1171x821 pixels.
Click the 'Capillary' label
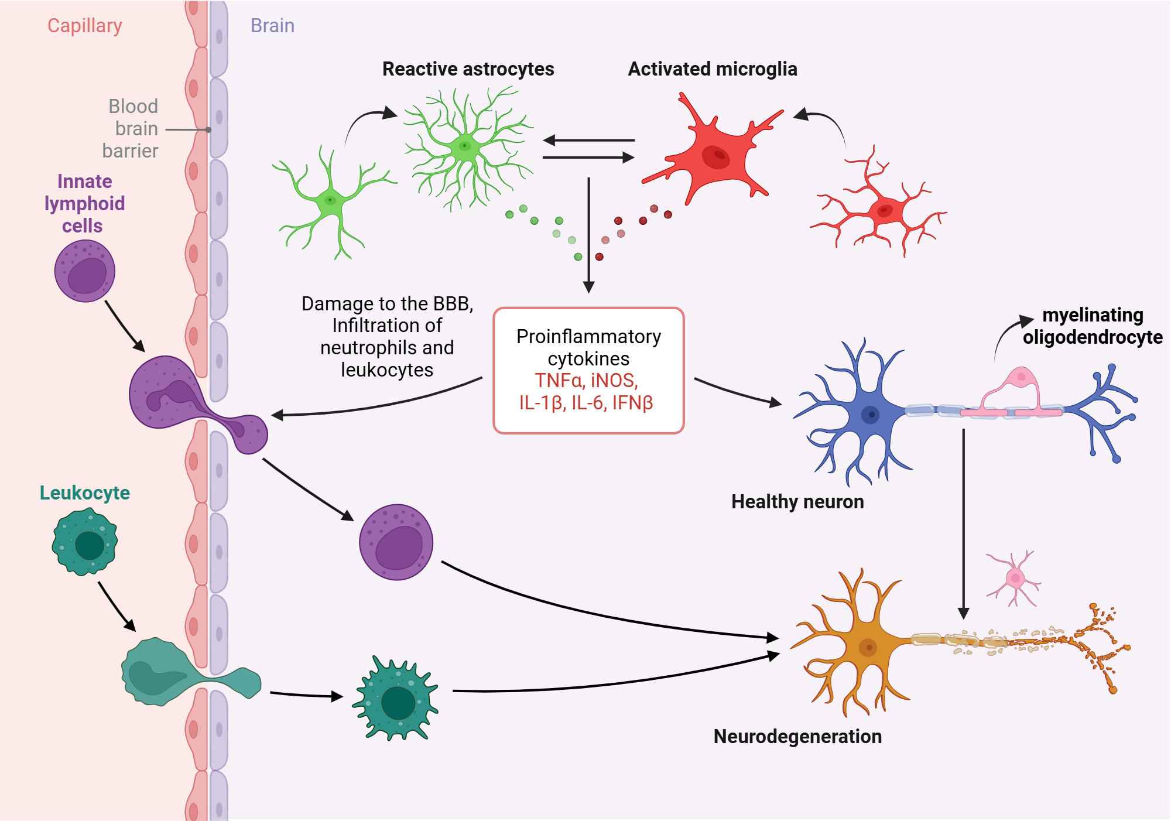point(85,26)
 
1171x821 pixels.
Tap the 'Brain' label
point(272,26)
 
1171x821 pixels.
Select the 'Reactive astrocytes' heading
point(468,69)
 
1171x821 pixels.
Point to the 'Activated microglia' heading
point(713,69)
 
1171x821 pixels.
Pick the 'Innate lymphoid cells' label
point(85,203)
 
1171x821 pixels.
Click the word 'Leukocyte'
point(85,493)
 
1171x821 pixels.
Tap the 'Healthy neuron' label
point(797,502)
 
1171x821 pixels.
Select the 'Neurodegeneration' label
point(797,736)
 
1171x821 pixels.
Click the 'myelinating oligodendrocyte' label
point(1093,326)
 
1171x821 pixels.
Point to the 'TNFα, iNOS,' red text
point(586,381)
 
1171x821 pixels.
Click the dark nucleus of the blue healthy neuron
point(871,415)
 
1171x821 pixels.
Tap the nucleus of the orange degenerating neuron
point(868,647)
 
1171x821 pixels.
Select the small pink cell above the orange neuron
point(1014,579)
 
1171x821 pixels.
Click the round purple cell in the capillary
point(85,271)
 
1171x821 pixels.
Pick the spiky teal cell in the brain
point(396,699)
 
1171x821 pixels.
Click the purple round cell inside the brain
point(396,542)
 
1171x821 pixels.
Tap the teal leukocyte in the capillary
point(85,541)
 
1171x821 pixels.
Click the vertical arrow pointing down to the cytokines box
point(589,235)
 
